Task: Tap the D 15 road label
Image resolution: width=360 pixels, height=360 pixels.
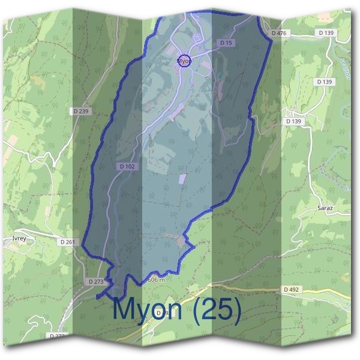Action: (226, 43)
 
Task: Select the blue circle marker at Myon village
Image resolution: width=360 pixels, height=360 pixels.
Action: (185, 61)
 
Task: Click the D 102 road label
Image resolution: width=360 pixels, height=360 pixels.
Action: (127, 166)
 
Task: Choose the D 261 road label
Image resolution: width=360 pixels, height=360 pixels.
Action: (67, 242)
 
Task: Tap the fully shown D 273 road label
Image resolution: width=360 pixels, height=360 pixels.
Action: (95, 281)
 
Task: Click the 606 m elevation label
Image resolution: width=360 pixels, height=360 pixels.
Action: (155, 280)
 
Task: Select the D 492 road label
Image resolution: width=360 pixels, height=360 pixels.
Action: (291, 289)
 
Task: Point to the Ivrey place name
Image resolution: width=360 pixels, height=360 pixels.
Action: (19, 238)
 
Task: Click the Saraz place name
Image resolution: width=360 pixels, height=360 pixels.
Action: (325, 208)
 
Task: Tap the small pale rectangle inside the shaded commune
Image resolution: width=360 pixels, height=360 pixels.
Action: (182, 178)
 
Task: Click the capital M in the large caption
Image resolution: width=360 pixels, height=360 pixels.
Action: (125, 310)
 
